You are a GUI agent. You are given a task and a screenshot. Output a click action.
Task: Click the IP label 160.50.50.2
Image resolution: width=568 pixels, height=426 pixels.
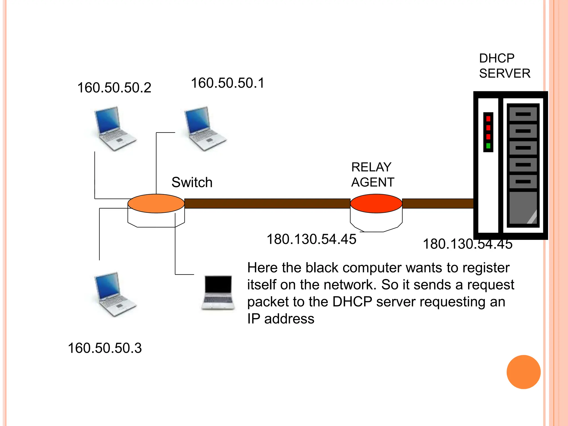point(114,88)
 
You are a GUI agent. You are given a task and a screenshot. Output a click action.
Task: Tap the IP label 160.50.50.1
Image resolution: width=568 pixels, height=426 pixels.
point(228,83)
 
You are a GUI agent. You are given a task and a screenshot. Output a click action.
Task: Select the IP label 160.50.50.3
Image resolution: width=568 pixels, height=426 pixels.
point(105,348)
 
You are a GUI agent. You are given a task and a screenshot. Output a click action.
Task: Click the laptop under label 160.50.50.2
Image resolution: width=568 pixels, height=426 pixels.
point(114,128)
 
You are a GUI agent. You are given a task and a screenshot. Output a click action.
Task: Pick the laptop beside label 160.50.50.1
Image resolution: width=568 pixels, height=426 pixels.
point(204,128)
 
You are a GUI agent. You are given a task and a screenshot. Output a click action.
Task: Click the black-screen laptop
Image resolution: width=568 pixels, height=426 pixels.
point(218,292)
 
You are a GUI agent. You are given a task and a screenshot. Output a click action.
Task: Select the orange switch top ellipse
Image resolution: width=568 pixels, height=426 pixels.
point(156,203)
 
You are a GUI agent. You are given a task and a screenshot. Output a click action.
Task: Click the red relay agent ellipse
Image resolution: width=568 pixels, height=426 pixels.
point(376,203)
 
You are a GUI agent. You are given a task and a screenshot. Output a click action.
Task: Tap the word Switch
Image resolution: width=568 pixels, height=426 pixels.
point(192,182)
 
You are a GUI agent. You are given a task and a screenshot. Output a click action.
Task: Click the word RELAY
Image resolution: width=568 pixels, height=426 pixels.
point(371,167)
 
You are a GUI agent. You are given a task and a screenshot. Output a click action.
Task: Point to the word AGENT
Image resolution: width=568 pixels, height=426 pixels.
point(372,182)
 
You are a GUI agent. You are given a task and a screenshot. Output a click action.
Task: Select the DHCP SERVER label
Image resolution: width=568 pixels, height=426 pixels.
point(504,66)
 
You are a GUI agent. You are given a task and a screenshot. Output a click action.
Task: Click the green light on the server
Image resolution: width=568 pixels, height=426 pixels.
point(488,146)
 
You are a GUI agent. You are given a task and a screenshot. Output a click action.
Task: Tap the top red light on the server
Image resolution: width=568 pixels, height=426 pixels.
point(488,119)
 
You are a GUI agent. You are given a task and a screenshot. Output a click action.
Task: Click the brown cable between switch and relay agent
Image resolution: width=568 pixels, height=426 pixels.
point(267,203)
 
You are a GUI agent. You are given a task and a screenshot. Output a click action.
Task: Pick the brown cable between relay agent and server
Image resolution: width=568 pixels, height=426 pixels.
point(437,203)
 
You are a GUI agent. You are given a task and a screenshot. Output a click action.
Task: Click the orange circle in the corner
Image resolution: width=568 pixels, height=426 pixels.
point(523,372)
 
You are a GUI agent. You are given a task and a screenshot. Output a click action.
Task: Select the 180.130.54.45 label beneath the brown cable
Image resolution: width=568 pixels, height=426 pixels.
point(311,239)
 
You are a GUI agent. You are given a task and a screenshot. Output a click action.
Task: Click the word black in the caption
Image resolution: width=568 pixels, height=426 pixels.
point(322,268)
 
